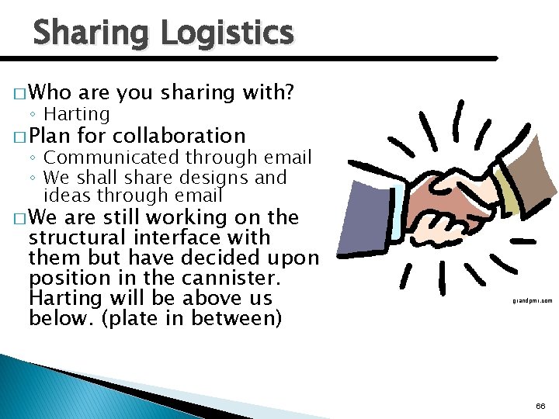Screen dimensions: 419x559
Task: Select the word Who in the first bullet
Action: coord(50,93)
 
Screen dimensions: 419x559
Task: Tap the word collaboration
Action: coord(179,136)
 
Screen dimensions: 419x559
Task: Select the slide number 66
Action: coord(540,407)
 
